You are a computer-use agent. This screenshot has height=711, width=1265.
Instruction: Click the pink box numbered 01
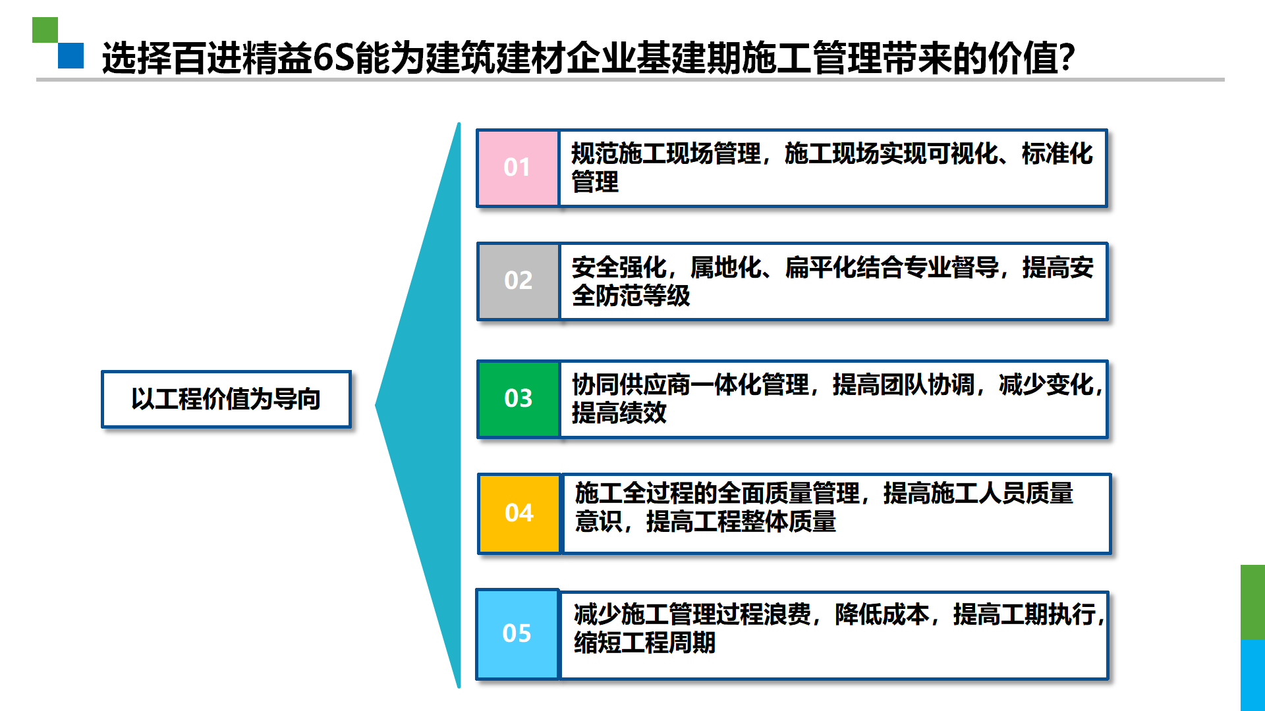tap(518, 168)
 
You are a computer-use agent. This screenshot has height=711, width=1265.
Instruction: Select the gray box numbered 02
tap(518, 281)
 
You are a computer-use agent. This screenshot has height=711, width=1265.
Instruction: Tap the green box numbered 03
tap(519, 398)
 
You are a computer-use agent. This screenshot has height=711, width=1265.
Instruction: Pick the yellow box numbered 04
tap(519, 513)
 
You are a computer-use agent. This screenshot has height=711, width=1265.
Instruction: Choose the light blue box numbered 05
tap(517, 634)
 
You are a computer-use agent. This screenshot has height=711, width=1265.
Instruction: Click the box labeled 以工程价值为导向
tap(226, 399)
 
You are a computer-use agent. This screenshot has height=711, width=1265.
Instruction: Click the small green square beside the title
tap(45, 30)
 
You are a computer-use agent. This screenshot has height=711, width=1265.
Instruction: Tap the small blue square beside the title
tap(70, 55)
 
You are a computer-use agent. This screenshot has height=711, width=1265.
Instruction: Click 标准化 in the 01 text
tap(1057, 153)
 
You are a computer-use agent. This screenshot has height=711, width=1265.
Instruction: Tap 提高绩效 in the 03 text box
tap(619, 413)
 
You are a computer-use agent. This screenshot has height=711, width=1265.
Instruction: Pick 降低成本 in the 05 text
tap(882, 614)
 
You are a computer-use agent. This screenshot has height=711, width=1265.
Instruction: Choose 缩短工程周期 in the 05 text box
tap(644, 643)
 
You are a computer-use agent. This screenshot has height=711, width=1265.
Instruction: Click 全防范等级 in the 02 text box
tap(631, 296)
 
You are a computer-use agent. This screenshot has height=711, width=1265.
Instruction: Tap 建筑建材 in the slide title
tap(495, 58)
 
